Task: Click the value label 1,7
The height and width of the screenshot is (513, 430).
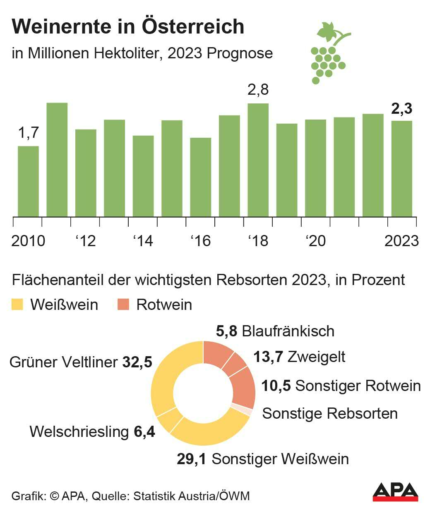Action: coord(28,133)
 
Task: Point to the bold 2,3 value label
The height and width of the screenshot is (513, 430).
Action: coord(401,108)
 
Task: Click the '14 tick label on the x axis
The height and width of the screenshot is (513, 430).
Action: coord(143,240)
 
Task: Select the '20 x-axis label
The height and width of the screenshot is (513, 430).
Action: coord(315,240)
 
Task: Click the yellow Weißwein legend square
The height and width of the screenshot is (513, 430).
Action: coord(17,305)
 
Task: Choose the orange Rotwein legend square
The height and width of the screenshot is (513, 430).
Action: coord(123,305)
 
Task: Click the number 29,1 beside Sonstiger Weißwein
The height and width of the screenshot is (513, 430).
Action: coord(191,459)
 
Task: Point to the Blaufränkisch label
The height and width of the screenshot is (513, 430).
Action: coord(288,331)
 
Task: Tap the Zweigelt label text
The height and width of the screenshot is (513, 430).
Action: coord(316,357)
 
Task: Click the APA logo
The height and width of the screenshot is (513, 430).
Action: coord(395,492)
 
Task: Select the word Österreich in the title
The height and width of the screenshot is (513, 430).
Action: coord(193,27)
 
